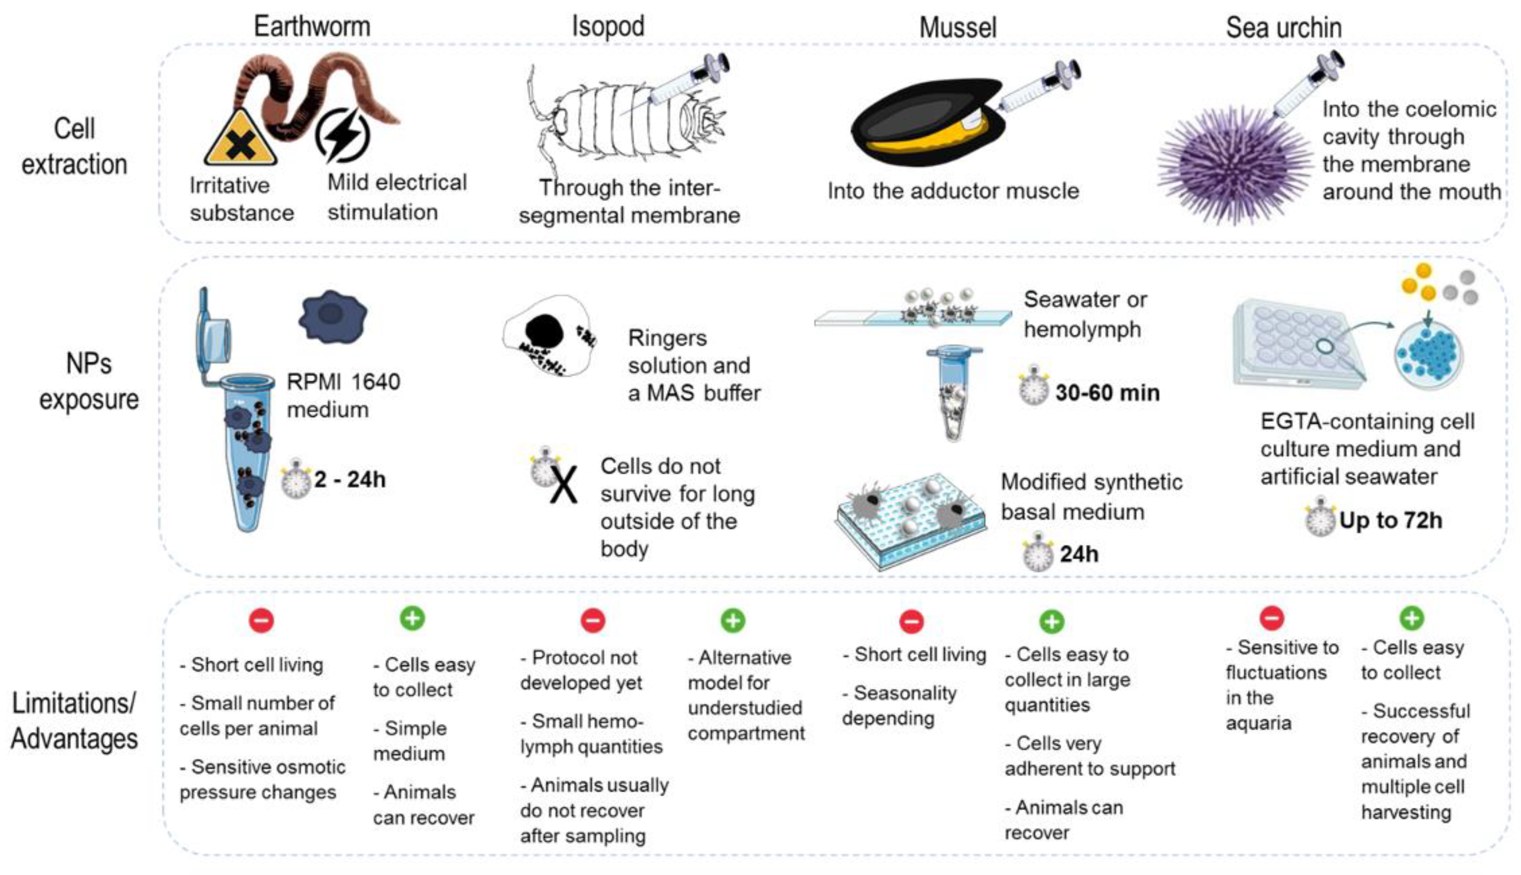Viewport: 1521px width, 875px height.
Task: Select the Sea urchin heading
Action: [x=1283, y=28]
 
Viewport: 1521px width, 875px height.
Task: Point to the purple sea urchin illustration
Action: [x=1232, y=165]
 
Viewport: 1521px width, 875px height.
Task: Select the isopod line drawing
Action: [x=625, y=120]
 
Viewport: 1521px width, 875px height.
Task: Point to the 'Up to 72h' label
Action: [x=1390, y=520]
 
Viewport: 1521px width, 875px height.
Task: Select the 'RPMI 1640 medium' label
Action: [x=343, y=395]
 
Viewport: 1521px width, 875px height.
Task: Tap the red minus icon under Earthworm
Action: [x=262, y=620]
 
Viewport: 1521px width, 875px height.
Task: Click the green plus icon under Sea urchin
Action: [x=1412, y=617]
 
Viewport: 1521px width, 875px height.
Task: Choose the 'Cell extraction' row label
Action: [x=74, y=146]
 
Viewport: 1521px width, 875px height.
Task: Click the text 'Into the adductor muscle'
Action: [x=953, y=191]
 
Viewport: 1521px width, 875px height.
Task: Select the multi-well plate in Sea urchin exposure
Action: [x=1299, y=343]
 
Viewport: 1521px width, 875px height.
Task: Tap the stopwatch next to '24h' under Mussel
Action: [x=1037, y=553]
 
